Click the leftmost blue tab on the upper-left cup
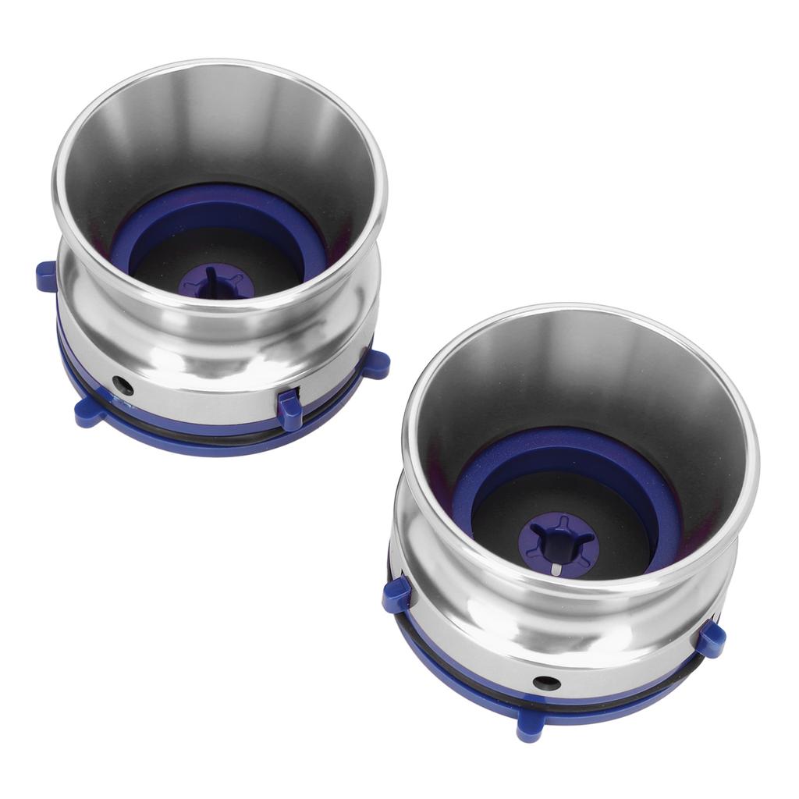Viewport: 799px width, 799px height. tap(46, 276)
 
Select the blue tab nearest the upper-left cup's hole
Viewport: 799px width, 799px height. tap(89, 411)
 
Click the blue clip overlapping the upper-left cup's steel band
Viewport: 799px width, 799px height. tap(289, 409)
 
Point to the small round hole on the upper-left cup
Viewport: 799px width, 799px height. tap(122, 384)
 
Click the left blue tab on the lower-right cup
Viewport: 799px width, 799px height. tap(396, 595)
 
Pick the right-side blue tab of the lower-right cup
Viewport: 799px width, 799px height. tap(710, 638)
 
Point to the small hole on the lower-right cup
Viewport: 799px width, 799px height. tap(546, 683)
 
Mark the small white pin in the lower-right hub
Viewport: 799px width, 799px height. tap(554, 569)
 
